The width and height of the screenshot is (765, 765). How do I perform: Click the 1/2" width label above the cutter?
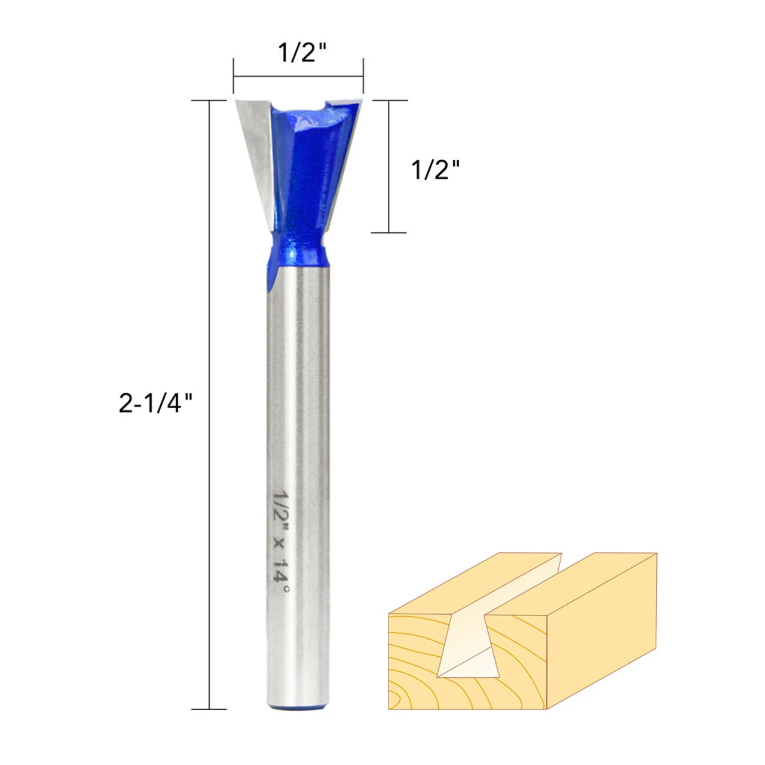coord(302,53)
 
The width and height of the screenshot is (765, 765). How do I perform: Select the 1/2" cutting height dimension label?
coord(436,170)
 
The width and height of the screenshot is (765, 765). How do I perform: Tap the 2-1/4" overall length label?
coord(155,403)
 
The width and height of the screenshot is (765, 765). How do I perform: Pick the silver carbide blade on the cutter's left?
coord(255,149)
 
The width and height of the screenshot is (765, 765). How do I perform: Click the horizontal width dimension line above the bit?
coord(298,76)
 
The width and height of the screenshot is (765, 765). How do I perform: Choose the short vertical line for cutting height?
coord(389,166)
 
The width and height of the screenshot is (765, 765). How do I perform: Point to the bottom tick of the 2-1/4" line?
coord(209,709)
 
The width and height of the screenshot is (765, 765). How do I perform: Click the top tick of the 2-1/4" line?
coord(209,100)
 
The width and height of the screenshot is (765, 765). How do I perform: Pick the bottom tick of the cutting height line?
coord(389,232)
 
